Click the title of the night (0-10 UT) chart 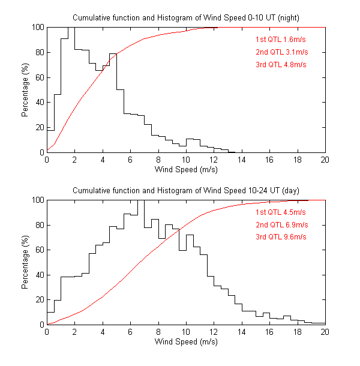pyautogui.click(x=185, y=17)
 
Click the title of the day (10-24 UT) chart pyautogui.click(x=185, y=190)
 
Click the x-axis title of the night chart pyautogui.click(x=186, y=169)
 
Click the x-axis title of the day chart pyautogui.click(x=186, y=342)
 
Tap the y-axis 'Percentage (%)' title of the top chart pyautogui.click(x=25, y=90)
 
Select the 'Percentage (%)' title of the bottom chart pyautogui.click(x=25, y=262)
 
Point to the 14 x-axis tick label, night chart pyautogui.click(x=242, y=160)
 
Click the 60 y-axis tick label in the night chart pyautogui.click(x=38, y=77)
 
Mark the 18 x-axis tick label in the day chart pyautogui.click(x=297, y=332)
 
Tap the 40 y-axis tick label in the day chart pyautogui.click(x=38, y=275)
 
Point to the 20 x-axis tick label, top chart pyautogui.click(x=325, y=160)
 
